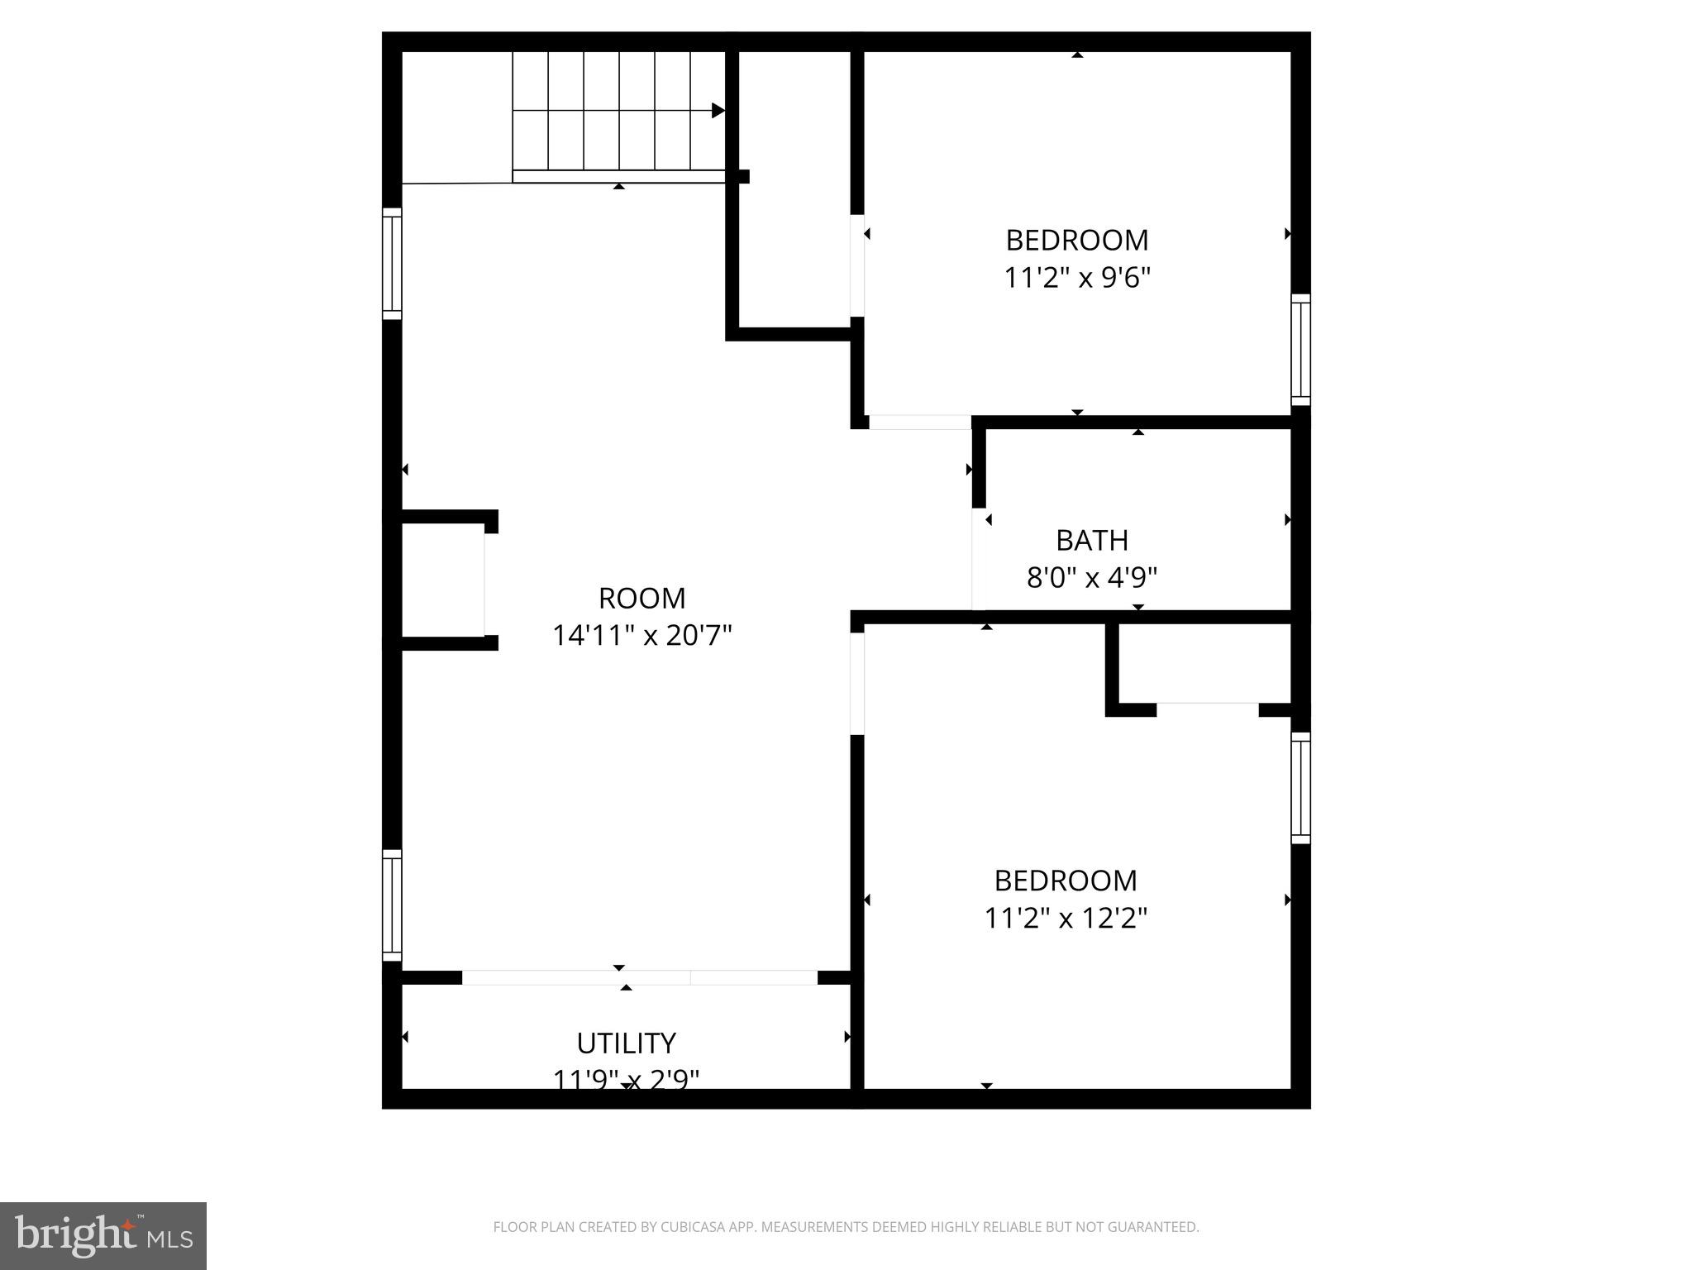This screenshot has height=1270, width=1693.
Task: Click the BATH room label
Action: pyautogui.click(x=1091, y=540)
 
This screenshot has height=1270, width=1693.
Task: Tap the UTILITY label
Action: pyautogui.click(x=626, y=1043)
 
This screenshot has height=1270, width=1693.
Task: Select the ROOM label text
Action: pyautogui.click(x=641, y=598)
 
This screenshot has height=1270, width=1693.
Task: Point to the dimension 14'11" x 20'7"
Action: pyautogui.click(x=641, y=636)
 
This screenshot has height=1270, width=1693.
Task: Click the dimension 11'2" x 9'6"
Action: pyautogui.click(x=1077, y=278)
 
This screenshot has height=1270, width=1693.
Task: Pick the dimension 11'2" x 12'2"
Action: pyautogui.click(x=1066, y=918)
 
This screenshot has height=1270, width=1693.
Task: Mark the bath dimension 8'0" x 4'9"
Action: pyautogui.click(x=1091, y=577)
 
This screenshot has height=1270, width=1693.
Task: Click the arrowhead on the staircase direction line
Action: pyautogui.click(x=718, y=111)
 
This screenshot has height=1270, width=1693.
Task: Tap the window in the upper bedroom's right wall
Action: pyautogui.click(x=1300, y=350)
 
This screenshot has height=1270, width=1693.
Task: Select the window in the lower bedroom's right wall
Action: pyautogui.click(x=1300, y=788)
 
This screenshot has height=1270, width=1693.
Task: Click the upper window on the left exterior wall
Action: pyautogui.click(x=392, y=264)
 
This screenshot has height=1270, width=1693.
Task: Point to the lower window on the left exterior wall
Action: pyautogui.click(x=392, y=905)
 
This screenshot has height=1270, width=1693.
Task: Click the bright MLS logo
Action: pyautogui.click(x=103, y=1235)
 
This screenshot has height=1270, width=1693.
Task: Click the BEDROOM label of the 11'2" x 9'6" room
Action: pyautogui.click(x=1077, y=240)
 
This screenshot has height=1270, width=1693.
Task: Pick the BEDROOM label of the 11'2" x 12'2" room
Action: pyautogui.click(x=1066, y=881)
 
